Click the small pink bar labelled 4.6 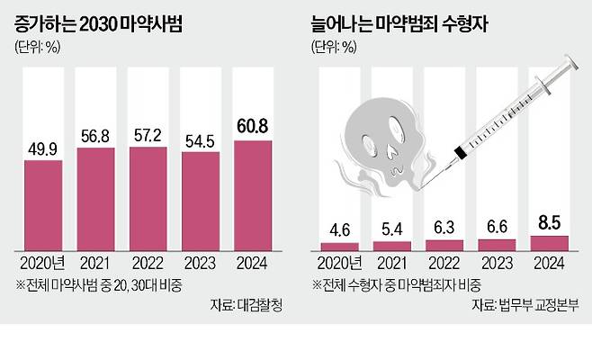click(332, 246)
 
